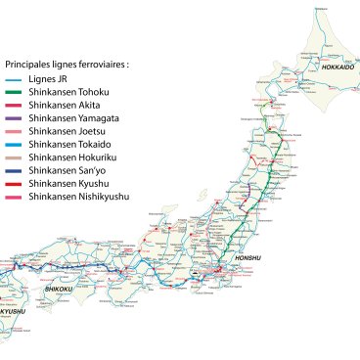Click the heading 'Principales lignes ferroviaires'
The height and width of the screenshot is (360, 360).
coord(67,64)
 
